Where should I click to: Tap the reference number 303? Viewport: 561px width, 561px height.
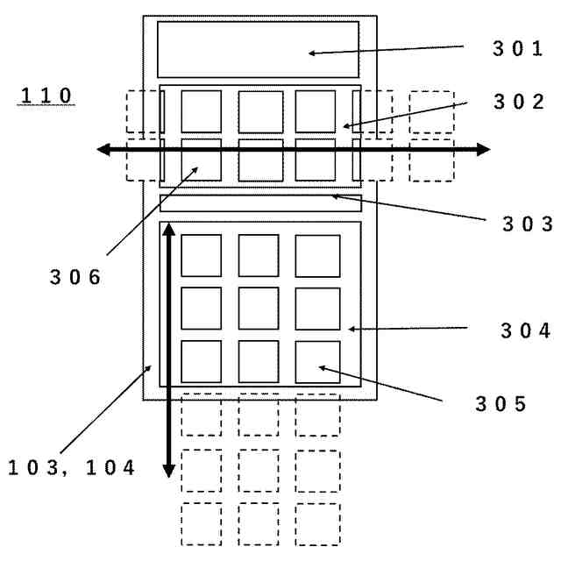click(x=527, y=224)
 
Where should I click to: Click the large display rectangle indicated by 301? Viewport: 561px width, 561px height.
click(x=258, y=49)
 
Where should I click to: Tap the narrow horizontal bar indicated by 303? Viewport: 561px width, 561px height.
click(x=259, y=203)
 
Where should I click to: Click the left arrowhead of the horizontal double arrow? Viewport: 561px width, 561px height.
click(x=103, y=150)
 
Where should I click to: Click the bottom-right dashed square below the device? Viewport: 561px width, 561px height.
click(x=316, y=524)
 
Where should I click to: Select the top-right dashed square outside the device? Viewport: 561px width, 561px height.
click(x=431, y=112)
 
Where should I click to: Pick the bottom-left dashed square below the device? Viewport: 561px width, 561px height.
click(x=202, y=524)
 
